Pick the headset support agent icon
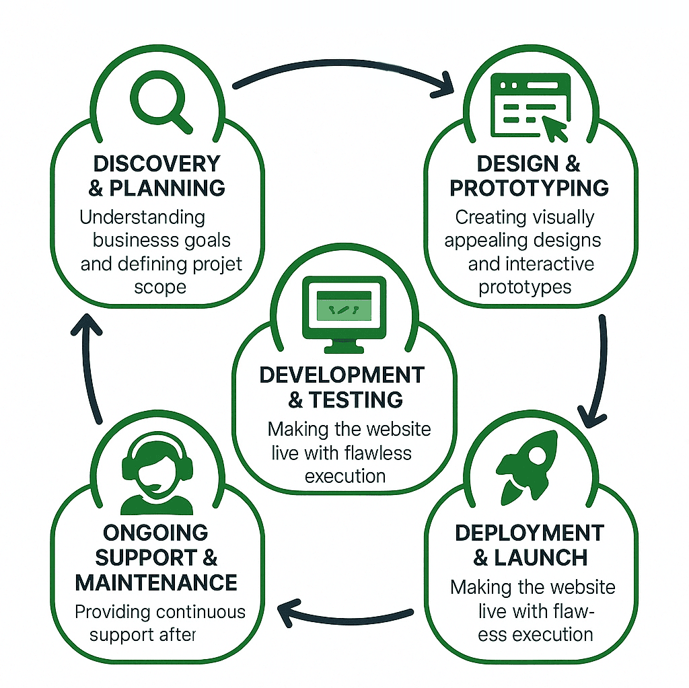[156, 471]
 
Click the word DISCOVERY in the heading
[157, 163]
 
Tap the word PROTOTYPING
[530, 189]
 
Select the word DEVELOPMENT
[342, 375]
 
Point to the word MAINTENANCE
[156, 582]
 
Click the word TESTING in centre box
[356, 399]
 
